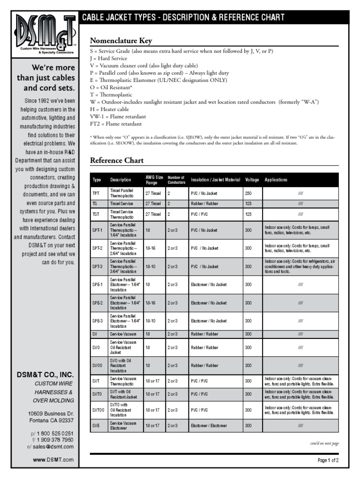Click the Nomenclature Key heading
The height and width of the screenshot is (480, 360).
121,41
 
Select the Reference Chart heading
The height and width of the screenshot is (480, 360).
117,161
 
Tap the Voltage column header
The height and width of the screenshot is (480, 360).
252,180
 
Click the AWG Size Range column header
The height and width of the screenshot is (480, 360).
154,180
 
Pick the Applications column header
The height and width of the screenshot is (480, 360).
276,180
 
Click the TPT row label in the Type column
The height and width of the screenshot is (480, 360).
96,193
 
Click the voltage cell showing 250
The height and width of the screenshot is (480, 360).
248,193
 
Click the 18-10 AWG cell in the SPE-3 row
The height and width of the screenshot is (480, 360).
151,321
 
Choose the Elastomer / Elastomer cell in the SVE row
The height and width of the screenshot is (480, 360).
209,426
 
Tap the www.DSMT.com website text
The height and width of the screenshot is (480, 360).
53,460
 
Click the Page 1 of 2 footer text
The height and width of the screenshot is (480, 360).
328,460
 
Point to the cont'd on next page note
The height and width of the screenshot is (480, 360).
324,443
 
